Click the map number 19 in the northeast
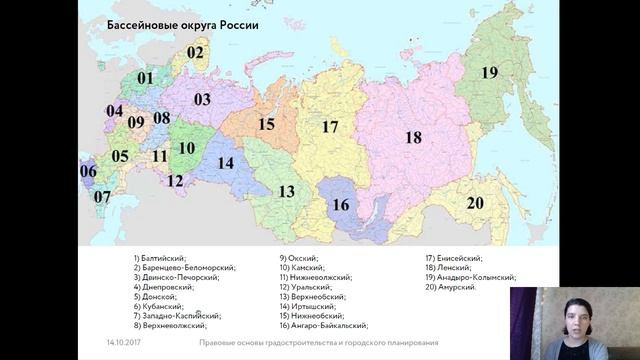(488, 72)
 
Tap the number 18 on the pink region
(412, 138)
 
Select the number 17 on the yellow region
(330, 127)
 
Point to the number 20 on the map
(475, 203)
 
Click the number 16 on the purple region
(341, 205)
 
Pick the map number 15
(265, 125)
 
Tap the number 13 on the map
(287, 191)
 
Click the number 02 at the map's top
(195, 53)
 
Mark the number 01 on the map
(146, 78)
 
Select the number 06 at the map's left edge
(88, 171)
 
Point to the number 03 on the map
(202, 100)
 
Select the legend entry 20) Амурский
(451, 287)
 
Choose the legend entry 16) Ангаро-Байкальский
(324, 325)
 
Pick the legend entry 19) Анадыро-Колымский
(470, 277)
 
